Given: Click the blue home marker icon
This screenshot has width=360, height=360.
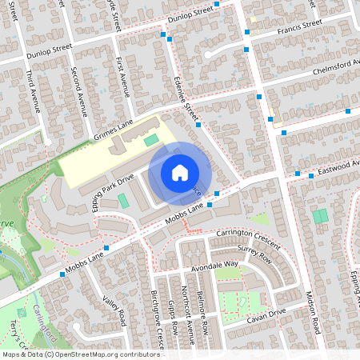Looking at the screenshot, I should click(180, 172).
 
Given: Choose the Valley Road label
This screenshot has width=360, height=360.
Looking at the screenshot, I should click(115, 311).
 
